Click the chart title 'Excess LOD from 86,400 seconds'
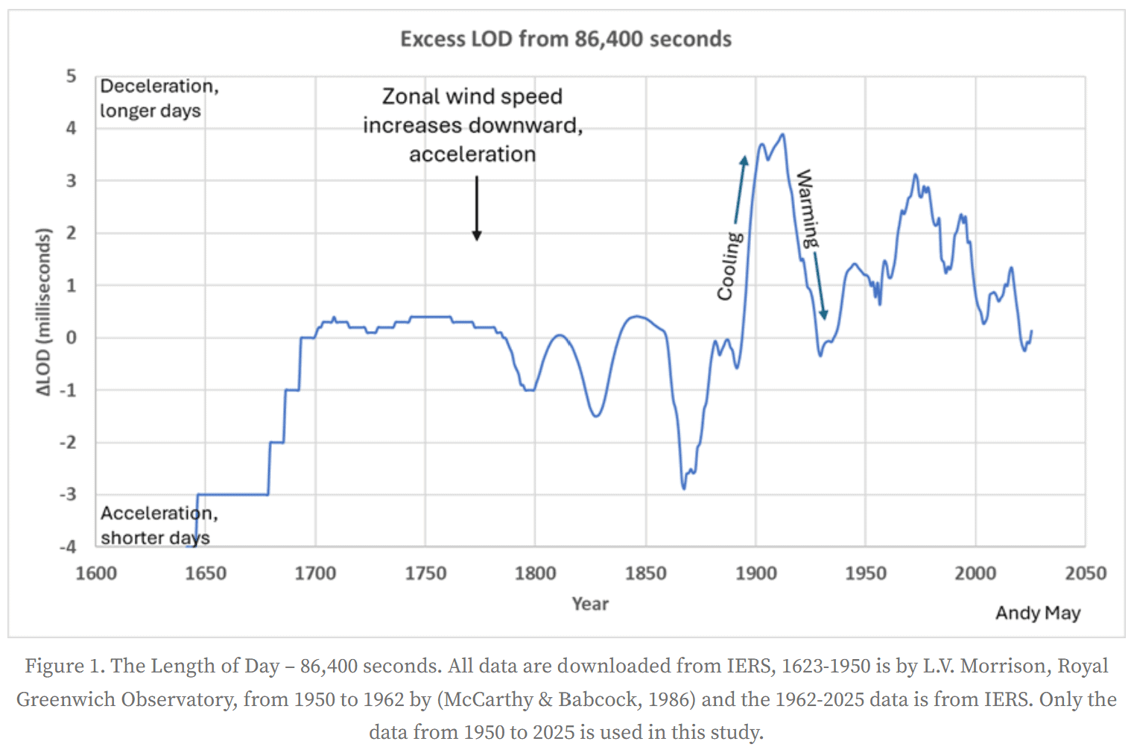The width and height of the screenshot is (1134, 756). pos(566,39)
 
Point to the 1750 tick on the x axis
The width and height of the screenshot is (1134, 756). pos(425,573)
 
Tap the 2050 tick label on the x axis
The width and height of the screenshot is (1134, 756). pos(1085,573)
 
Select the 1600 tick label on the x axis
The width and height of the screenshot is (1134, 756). pos(96,573)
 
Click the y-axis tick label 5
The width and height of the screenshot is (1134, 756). pos(72,76)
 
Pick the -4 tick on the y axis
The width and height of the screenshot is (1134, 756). pos(69,546)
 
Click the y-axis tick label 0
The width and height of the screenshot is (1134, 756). pos(72,338)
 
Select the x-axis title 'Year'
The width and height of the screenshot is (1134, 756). pos(590,604)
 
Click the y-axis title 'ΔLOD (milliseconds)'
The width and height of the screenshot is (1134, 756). pos(44,312)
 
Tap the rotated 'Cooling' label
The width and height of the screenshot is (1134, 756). pos(729,265)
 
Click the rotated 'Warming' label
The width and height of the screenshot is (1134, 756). pos(807,209)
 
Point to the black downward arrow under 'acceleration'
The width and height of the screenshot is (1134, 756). pos(477,209)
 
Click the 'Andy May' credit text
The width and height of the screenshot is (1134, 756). pos(1037,613)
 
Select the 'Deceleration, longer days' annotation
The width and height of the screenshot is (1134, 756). pos(159,98)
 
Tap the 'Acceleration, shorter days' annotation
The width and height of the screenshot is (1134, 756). pos(159,525)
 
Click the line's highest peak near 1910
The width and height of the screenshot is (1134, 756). pos(782,135)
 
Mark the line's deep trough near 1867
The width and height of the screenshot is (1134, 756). pos(684,488)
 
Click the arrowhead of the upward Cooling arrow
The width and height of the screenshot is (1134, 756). pos(744,160)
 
